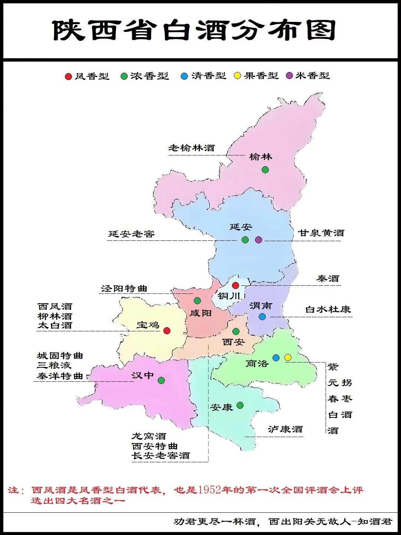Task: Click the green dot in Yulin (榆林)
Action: [265, 170]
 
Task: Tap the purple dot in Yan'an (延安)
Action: [259, 240]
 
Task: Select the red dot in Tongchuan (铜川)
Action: [235, 285]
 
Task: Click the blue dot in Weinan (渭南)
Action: [262, 316]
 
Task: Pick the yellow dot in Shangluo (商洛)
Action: [288, 357]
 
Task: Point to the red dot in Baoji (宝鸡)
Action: [167, 331]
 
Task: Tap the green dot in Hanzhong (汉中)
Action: [161, 380]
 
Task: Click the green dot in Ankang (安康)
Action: [240, 405]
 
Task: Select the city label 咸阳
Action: [200, 313]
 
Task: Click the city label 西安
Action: [234, 342]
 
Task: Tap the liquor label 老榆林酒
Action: [192, 148]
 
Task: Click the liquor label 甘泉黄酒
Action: [321, 233]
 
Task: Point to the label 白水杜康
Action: [328, 309]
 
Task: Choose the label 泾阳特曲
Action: [124, 289]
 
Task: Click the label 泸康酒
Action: [286, 429]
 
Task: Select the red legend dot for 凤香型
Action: [68, 76]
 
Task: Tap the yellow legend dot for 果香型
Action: [237, 76]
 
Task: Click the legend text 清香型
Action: [209, 76]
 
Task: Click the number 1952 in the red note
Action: [209, 490]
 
